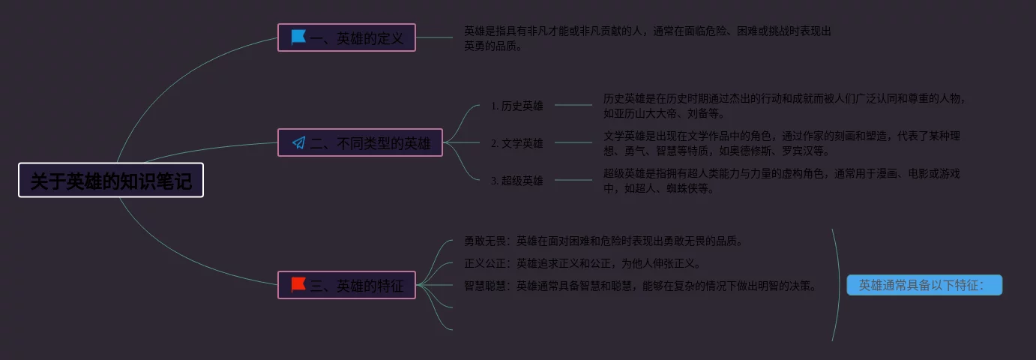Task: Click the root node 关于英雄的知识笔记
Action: coord(111,180)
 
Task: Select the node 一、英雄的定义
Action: coord(346,37)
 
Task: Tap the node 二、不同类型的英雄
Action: coord(360,142)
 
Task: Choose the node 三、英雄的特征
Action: coord(346,285)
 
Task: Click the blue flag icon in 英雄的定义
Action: coord(298,37)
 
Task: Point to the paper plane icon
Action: coord(298,142)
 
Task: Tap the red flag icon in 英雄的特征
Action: coord(298,284)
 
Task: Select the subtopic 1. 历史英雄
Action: coord(517,106)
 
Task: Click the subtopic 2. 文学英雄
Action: coord(517,142)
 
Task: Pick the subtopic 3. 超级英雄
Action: coord(517,180)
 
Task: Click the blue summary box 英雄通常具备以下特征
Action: coord(924,285)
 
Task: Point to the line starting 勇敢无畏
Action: coord(603,241)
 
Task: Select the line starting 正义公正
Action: coord(582,263)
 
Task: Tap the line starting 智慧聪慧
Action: coord(639,286)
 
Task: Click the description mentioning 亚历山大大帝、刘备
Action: coord(784,106)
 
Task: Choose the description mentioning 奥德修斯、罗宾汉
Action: coord(781,143)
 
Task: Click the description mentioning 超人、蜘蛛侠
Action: coord(781,181)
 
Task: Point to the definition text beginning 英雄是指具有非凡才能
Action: coord(647,38)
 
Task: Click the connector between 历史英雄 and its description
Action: coord(573,105)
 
